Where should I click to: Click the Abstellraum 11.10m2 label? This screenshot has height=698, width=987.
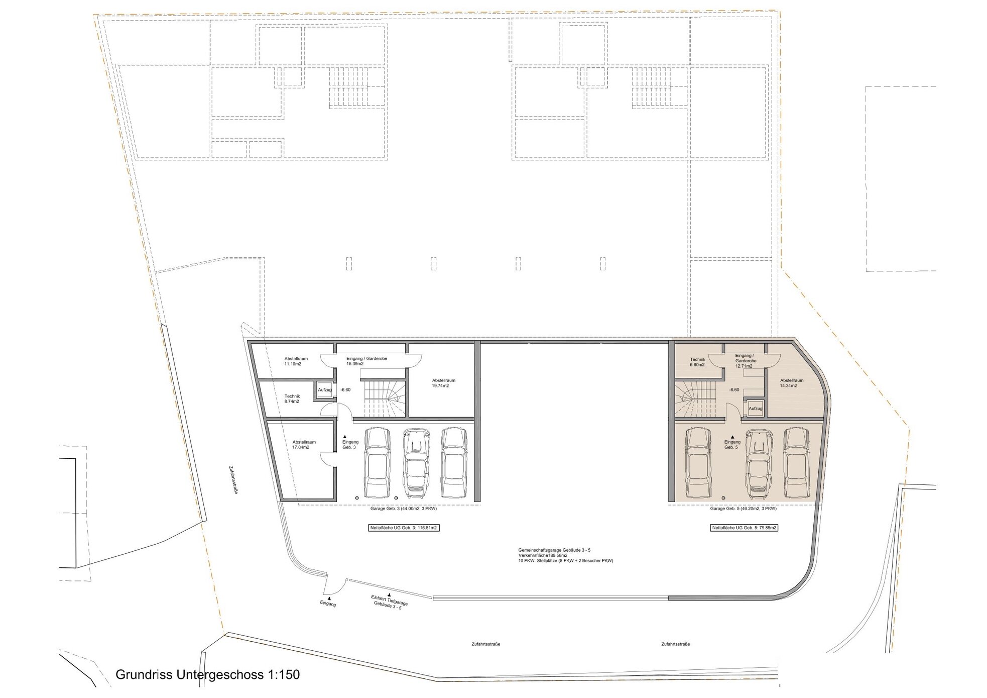pyautogui.click(x=296, y=361)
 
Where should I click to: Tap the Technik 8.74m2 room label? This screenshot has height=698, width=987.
pyautogui.click(x=292, y=399)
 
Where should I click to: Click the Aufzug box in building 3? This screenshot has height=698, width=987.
pyautogui.click(x=325, y=390)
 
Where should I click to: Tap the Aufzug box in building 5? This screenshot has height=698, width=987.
pyautogui.click(x=756, y=409)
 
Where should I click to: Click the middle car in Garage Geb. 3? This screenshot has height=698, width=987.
pyautogui.click(x=415, y=460)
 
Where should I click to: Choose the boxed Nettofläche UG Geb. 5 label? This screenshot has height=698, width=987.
pyautogui.click(x=744, y=528)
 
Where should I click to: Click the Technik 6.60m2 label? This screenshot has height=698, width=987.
pyautogui.click(x=697, y=362)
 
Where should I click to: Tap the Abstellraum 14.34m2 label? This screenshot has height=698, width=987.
pyautogui.click(x=792, y=383)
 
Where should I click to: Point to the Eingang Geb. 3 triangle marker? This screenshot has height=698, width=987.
pyautogui.click(x=344, y=437)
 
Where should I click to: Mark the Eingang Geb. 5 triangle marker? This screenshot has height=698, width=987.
pyautogui.click(x=732, y=437)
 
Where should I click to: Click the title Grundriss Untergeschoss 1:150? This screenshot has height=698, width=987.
pyautogui.click(x=207, y=674)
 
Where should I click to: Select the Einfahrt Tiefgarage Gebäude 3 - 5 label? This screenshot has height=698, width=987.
pyautogui.click(x=390, y=602)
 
